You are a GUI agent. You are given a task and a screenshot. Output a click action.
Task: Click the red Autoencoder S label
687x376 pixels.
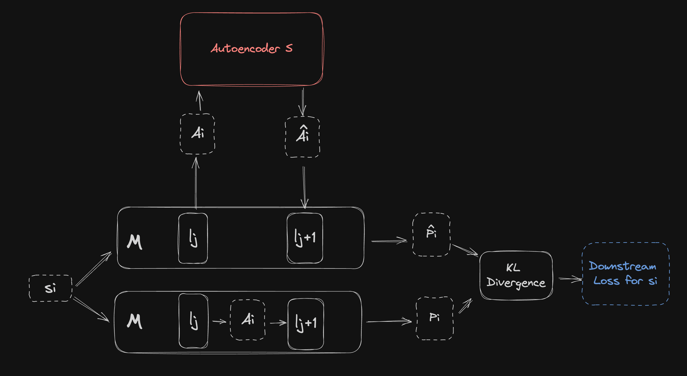(251, 48)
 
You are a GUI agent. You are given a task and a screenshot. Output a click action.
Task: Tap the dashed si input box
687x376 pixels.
(50, 288)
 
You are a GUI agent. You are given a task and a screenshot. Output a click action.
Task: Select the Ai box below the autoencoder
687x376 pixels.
(197, 134)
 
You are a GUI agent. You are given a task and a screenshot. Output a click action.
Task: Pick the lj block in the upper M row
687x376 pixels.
(193, 238)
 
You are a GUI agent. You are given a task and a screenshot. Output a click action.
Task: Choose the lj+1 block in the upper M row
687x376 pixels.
(305, 238)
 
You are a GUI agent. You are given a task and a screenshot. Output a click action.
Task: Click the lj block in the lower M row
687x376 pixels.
(193, 321)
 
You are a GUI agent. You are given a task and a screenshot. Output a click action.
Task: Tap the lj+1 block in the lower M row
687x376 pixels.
(306, 323)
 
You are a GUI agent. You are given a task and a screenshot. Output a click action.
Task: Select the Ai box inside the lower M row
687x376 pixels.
(247, 320)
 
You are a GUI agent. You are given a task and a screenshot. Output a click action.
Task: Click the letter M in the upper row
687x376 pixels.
(134, 242)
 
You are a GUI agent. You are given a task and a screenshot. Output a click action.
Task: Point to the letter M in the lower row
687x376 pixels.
(134, 321)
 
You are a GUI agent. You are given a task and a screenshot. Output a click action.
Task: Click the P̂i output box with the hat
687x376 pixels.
(431, 235)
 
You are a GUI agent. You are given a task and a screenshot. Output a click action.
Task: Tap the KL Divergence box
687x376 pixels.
(516, 275)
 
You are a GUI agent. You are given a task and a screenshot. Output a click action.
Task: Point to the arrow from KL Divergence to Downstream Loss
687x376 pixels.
(570, 279)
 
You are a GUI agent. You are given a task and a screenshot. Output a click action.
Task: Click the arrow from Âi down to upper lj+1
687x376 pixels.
(304, 187)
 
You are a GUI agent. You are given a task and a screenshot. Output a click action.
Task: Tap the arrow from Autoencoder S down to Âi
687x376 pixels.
(303, 102)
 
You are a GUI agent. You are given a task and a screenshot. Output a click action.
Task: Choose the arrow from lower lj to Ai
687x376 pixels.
(219, 321)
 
